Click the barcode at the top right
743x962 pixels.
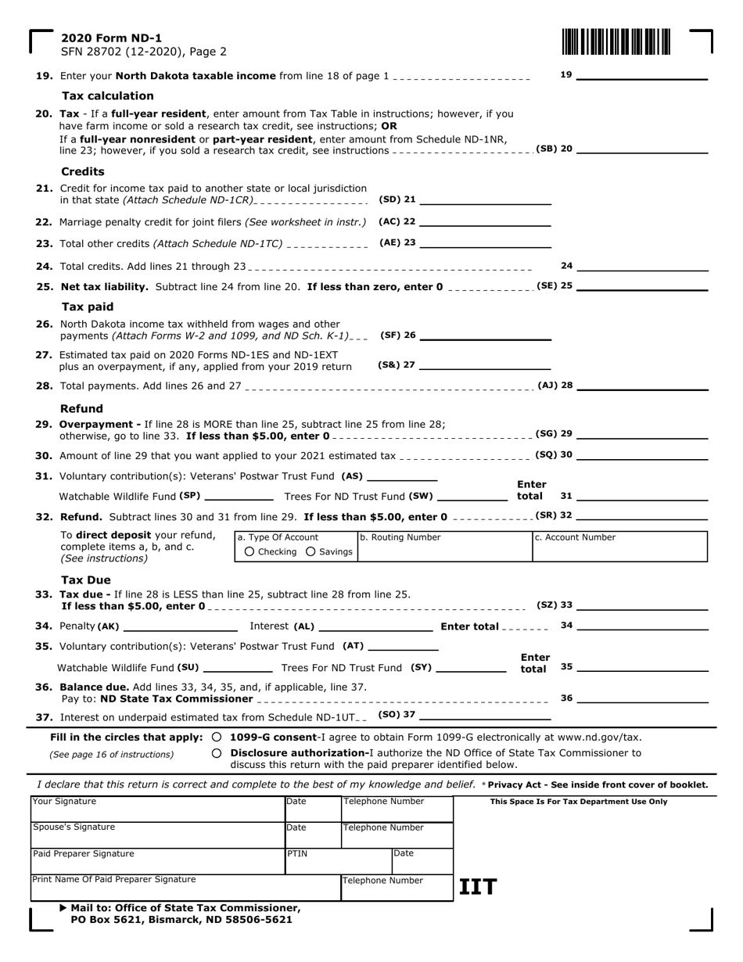616,41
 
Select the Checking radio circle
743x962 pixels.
249,552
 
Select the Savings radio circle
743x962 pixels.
310,552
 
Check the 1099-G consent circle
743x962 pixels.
217,737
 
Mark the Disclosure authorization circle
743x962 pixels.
217,753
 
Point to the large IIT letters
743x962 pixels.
477,887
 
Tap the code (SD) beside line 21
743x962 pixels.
390,199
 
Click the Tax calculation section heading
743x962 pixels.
108,95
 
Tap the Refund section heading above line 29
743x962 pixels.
81,408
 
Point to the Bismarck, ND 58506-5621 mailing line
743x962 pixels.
181,920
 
